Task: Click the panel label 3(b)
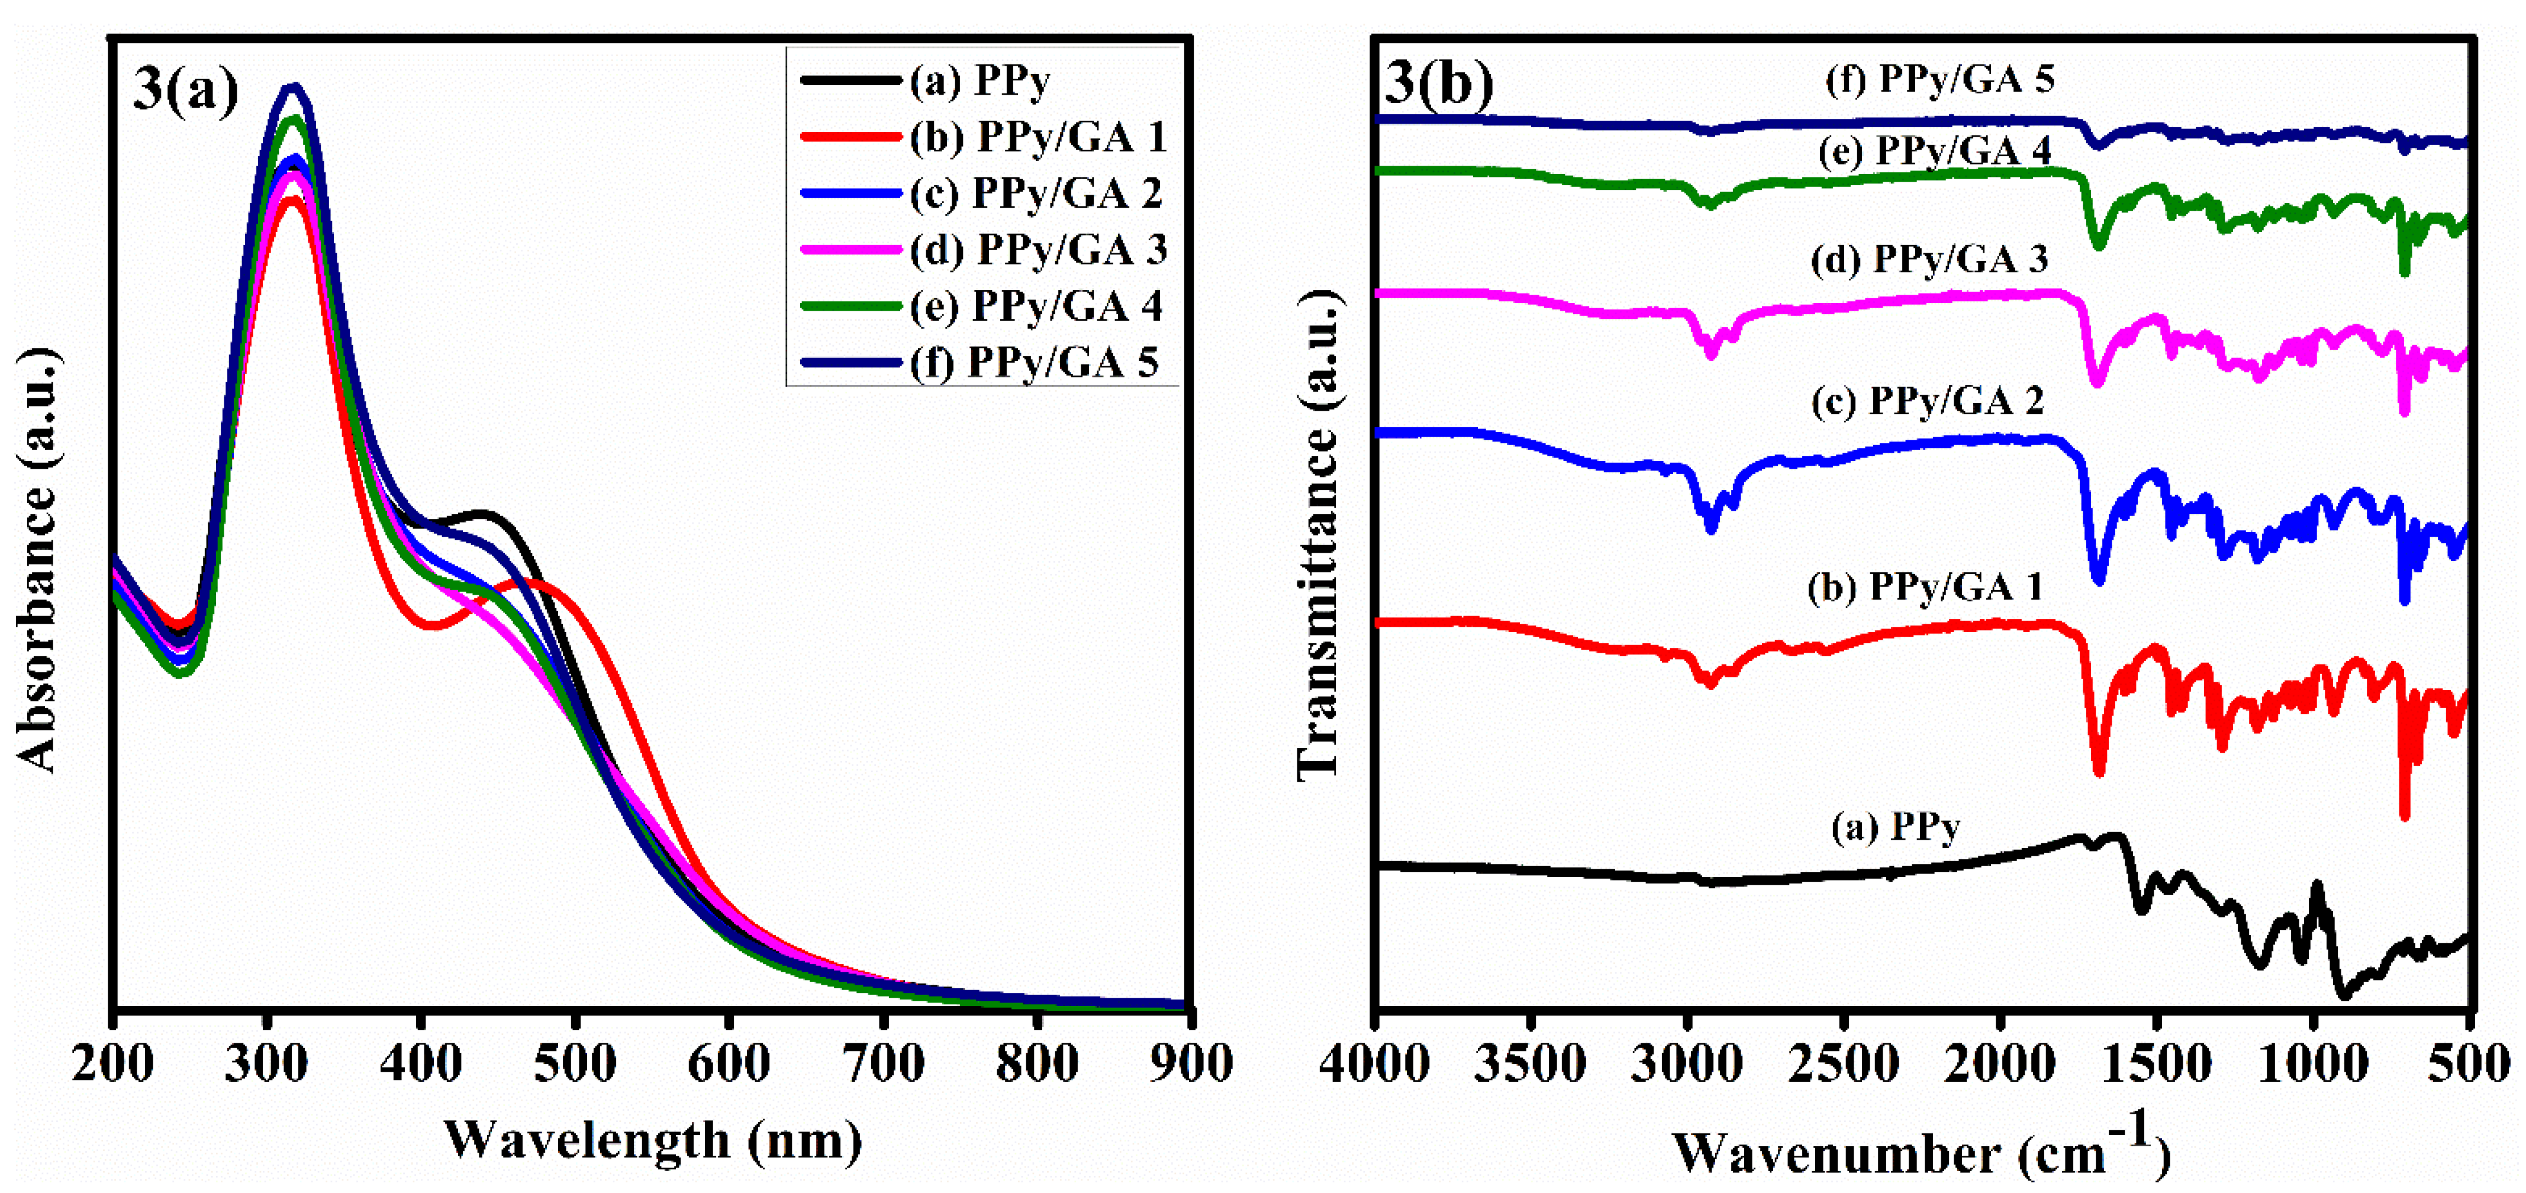pos(1439,83)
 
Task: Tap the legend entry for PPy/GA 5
pos(1033,363)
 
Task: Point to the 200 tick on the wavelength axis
pos(113,1063)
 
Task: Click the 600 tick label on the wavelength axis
pos(729,1063)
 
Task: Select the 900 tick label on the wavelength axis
pos(1190,1063)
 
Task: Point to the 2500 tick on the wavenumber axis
pos(1844,1063)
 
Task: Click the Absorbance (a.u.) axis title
pos(37,559)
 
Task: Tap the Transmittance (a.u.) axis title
pos(1318,535)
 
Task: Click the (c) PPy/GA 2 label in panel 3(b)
pos(1927,401)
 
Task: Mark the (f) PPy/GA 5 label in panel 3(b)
pos(1939,79)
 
